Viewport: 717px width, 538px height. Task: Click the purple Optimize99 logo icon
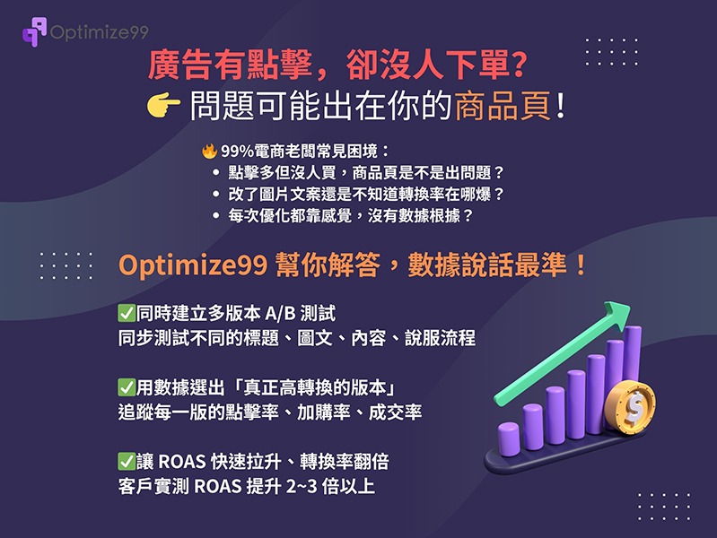(35, 31)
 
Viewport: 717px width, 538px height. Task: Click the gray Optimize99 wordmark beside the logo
(100, 32)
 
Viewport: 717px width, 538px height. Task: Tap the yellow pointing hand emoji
(163, 106)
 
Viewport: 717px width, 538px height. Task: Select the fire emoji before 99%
(209, 151)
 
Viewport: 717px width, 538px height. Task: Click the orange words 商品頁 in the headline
(503, 106)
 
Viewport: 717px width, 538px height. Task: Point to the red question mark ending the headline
(518, 64)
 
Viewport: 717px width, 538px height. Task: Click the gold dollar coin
(630, 405)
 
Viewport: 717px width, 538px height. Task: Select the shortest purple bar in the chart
(509, 438)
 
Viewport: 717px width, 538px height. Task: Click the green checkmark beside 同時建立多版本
(127, 313)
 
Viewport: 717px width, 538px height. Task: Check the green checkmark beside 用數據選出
(127, 387)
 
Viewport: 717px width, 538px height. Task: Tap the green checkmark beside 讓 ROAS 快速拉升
(127, 461)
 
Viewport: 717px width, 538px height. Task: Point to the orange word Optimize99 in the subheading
(193, 265)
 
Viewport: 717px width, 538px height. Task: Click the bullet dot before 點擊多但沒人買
(216, 173)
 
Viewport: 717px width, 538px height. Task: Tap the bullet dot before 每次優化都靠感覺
(216, 215)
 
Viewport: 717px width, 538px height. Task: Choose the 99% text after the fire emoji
(237, 152)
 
